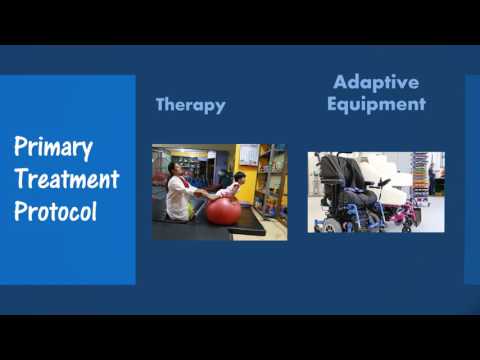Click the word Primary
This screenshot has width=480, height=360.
click(53, 149)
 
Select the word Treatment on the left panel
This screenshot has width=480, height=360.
click(66, 181)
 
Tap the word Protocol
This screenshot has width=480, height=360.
click(55, 212)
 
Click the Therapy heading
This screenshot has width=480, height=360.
click(190, 105)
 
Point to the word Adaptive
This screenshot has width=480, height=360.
click(376, 82)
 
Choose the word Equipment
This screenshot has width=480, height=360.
click(376, 104)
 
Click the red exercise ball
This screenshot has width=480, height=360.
click(223, 210)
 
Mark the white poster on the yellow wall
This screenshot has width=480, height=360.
click(248, 155)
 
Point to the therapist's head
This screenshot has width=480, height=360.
click(176, 169)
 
